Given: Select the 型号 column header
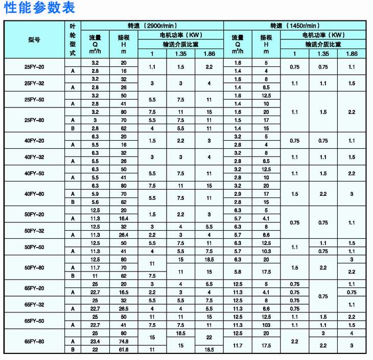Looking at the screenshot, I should coord(34,39).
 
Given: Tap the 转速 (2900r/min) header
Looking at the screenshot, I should coord(152,25).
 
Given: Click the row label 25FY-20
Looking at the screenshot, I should coord(34,66).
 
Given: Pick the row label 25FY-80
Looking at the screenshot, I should coord(34,120).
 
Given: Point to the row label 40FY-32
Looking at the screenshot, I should coord(34,157).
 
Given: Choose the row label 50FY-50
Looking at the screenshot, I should coord(34,247).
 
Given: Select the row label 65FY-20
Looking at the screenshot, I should coord(34,288).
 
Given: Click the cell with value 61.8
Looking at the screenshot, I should coord(123,349).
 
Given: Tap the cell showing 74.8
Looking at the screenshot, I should coord(123,341).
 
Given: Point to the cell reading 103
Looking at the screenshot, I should coord(266,325).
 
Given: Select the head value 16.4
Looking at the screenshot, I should coord(123,218).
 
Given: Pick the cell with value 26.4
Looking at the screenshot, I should coord(123,235).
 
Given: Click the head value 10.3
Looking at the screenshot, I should coord(266,251).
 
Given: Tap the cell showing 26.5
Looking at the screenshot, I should coord(123,308).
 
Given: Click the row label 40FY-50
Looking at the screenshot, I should coord(34,173).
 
